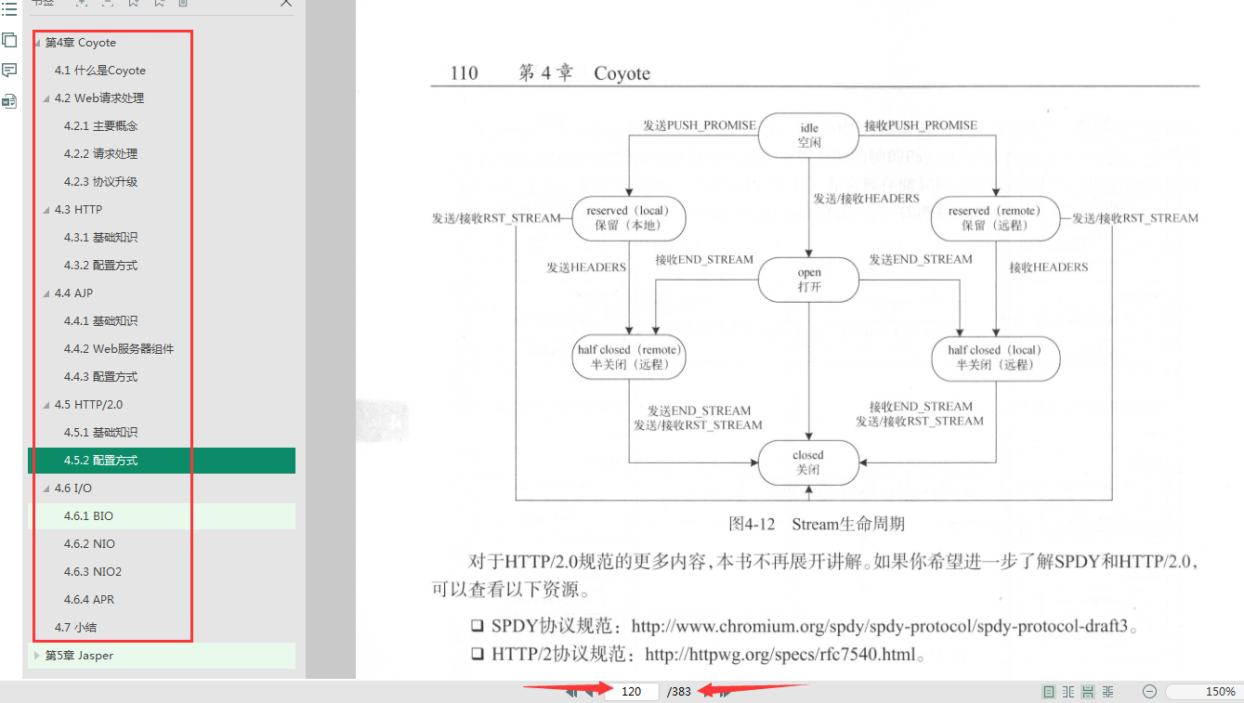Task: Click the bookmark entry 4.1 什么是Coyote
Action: (99, 71)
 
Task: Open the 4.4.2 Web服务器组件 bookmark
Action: (119, 349)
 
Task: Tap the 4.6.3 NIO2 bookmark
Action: (93, 572)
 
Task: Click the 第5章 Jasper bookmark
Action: (79, 656)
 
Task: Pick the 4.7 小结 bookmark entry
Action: (75, 628)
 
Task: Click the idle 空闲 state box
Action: (808, 136)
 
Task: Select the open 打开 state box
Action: (808, 280)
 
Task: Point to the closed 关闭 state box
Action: (807, 462)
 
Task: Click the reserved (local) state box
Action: (630, 218)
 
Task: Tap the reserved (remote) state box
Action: (995, 218)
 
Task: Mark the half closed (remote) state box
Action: (629, 358)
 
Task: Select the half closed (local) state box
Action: (995, 358)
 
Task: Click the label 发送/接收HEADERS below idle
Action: (866, 199)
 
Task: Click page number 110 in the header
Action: (463, 73)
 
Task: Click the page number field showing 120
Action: (632, 692)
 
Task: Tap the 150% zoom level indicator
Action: (1220, 692)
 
